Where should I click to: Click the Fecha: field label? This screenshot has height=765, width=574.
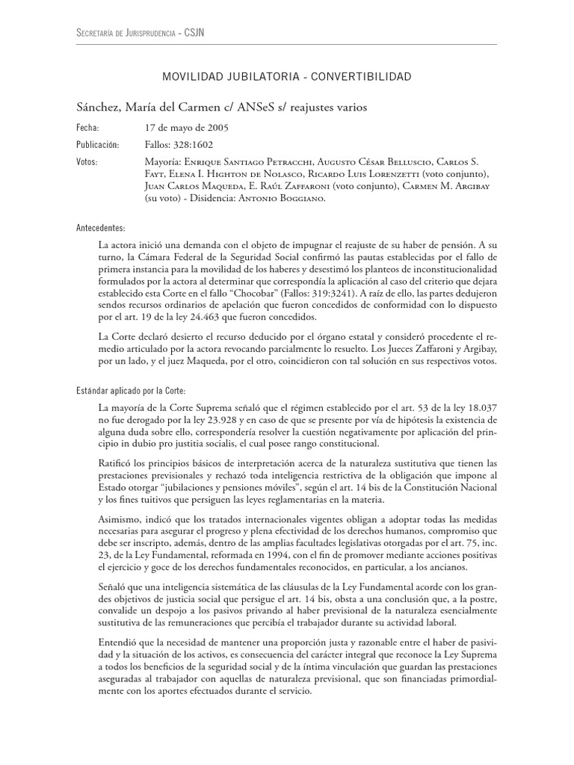88,128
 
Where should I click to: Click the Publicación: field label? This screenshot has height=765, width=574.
98,145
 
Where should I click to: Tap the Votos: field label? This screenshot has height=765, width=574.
88,162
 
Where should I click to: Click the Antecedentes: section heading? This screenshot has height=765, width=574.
101,227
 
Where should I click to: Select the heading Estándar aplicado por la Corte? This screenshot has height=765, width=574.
131,391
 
